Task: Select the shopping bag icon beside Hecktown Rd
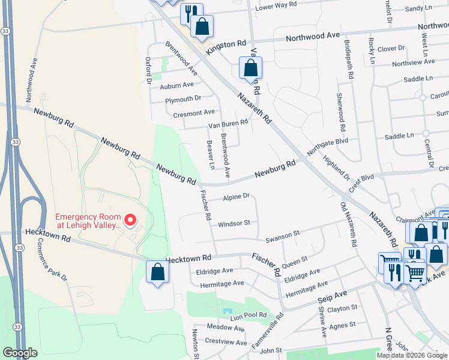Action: coord(157,272)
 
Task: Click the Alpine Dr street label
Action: coord(236,197)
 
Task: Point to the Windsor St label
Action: coord(234,223)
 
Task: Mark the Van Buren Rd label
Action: coord(228,124)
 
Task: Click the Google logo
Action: coord(20,353)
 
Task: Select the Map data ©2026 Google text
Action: coord(412,355)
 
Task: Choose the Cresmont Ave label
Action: coord(193,112)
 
